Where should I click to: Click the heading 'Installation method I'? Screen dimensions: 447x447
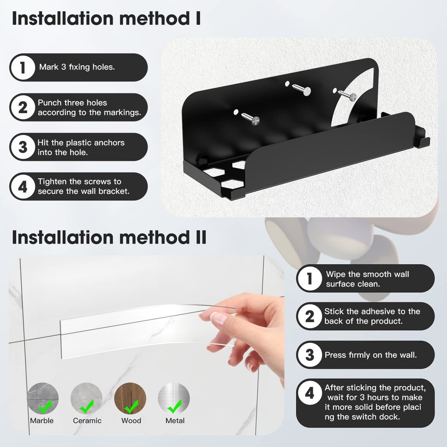106,19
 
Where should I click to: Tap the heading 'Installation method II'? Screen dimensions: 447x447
109,237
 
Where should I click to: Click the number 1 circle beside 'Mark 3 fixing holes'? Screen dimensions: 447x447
23,67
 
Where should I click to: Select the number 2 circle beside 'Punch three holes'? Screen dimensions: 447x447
23,107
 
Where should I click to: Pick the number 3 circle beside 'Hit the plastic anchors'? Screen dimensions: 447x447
23,147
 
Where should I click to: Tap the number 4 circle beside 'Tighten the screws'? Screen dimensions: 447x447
23,186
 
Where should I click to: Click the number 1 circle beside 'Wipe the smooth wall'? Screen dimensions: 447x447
310,278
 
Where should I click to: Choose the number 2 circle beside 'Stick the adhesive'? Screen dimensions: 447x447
310,316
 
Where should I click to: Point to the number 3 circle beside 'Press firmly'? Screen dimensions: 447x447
310,355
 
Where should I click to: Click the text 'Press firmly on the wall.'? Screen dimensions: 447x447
371,355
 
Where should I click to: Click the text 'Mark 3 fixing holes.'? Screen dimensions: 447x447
77,67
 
